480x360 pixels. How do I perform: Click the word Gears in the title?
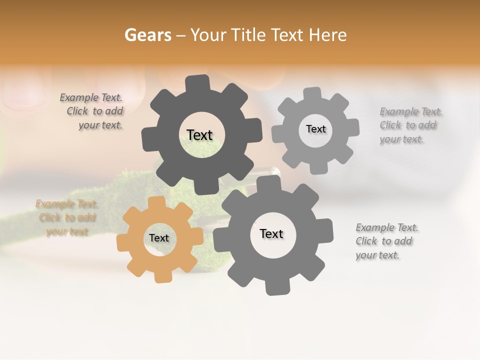pos(148,35)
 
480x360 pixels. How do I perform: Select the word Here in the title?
pos(328,35)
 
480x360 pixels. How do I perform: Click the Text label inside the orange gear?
pos(159,238)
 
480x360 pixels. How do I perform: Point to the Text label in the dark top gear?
pos(199,135)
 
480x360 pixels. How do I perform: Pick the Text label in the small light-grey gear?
pos(315,129)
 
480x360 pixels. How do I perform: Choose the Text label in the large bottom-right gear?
pos(271,234)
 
